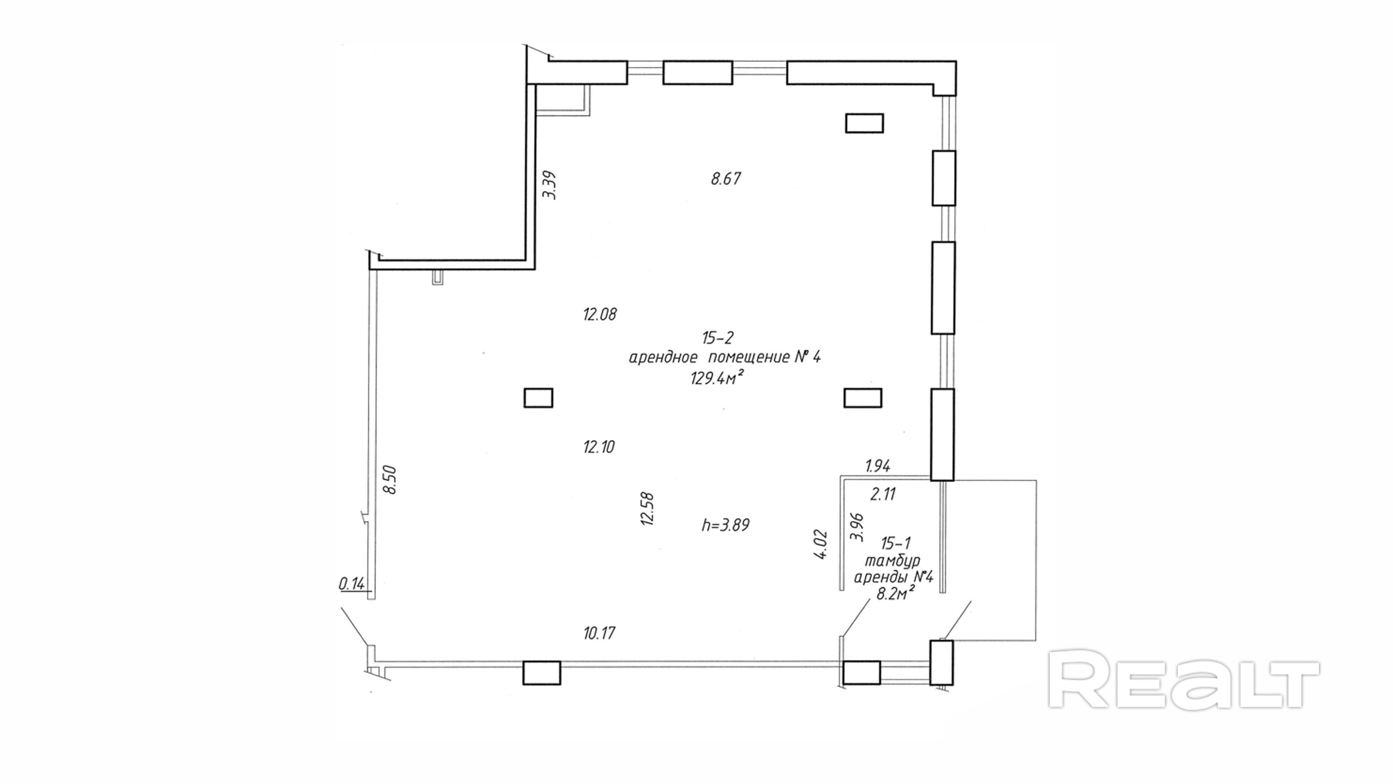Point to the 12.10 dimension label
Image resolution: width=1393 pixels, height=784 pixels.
tap(599, 447)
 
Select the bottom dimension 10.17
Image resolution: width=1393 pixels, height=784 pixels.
tap(599, 633)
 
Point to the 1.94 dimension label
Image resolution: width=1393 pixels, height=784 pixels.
tap(878, 466)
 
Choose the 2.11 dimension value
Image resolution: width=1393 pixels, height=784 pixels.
tap(883, 494)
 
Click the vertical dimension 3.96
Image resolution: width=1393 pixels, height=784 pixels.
tap(857, 528)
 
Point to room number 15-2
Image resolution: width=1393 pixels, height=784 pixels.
tap(718, 338)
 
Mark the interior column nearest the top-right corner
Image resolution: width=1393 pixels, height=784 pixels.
tap(864, 123)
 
